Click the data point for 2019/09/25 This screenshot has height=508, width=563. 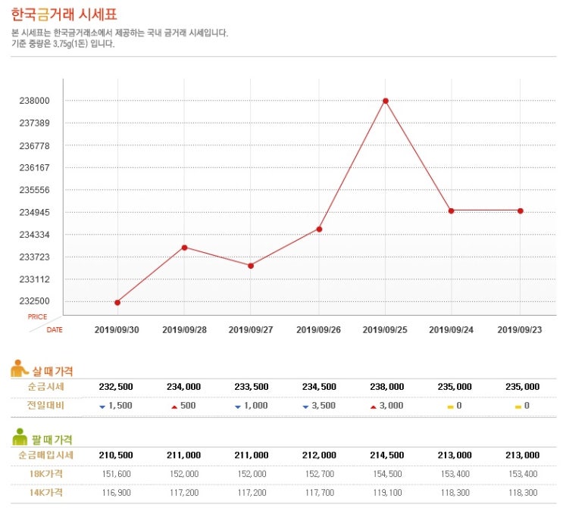pos(386,101)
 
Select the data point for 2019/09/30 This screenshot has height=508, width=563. pos(117,303)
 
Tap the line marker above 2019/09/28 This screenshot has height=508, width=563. pos(184,248)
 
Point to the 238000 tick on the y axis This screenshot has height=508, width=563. pos(34,101)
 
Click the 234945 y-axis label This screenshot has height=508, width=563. pos(34,213)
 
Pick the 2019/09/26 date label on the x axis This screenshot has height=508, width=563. pos(318,329)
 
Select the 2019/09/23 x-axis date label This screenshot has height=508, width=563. pos(519,329)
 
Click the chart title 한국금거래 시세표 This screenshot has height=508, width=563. pos(64,14)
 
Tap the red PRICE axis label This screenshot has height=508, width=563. pos(37,317)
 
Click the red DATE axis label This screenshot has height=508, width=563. pos(55,330)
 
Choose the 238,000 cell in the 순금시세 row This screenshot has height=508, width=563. pos(386,387)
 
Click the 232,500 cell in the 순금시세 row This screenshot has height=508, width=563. pos(117,387)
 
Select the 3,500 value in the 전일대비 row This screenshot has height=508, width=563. pos(323,406)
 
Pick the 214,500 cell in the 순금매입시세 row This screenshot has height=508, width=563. pos(386,455)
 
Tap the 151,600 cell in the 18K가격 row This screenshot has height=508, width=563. pos(117,474)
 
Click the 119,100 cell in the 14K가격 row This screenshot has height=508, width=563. pos(386,492)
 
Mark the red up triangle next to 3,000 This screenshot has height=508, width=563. pos(374,407)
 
